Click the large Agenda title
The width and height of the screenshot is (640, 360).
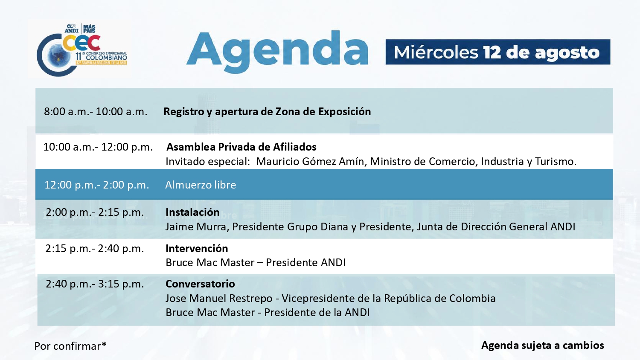point(277,52)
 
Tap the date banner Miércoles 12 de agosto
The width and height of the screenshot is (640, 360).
point(498,52)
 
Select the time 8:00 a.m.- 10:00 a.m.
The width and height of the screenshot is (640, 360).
point(96,111)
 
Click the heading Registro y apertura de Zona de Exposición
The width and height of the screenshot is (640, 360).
point(267,111)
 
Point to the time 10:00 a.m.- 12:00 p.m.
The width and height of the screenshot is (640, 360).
point(98,147)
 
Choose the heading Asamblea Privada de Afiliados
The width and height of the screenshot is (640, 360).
point(241,147)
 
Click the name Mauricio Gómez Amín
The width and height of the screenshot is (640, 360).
point(310,161)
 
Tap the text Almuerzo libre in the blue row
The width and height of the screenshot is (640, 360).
point(201,185)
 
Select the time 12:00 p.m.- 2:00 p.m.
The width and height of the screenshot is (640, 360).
point(97,185)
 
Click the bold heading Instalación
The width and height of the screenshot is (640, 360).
point(192,212)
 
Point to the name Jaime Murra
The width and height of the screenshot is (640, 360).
point(196,226)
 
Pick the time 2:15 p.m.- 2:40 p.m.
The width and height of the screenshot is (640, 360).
point(95,249)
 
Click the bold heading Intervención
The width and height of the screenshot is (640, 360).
point(197,249)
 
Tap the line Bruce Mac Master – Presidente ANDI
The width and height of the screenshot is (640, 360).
point(256,263)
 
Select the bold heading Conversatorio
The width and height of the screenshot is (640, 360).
point(200,284)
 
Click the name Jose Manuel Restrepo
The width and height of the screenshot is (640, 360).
point(219,298)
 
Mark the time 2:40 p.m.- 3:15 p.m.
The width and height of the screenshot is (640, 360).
point(95,284)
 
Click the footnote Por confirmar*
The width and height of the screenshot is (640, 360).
point(70,346)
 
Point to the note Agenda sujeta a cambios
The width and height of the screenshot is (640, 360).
point(543,345)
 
